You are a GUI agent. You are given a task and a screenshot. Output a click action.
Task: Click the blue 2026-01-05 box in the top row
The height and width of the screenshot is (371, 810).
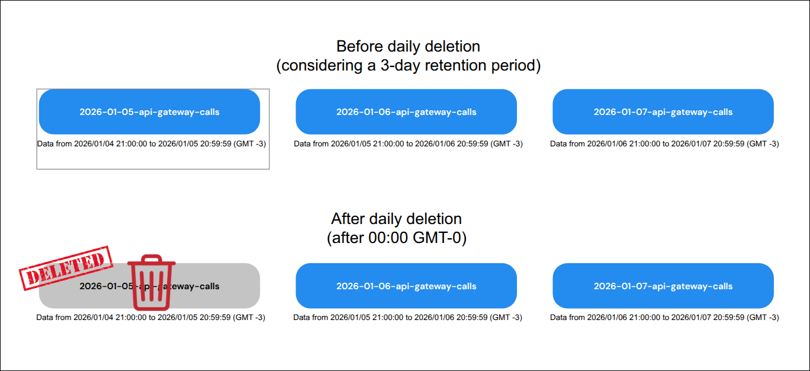click(149, 112)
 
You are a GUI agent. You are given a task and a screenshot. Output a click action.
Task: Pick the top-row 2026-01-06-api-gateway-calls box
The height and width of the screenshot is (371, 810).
click(406, 112)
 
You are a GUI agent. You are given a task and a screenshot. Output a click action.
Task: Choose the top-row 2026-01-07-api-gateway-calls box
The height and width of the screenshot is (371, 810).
click(663, 112)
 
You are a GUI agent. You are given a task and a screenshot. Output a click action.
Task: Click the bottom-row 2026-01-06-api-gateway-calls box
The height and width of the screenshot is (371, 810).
click(406, 286)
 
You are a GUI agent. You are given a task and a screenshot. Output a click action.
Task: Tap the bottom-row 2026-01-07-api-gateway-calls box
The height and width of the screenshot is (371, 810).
click(663, 286)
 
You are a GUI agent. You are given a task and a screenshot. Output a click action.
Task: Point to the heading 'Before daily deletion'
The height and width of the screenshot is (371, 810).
click(408, 46)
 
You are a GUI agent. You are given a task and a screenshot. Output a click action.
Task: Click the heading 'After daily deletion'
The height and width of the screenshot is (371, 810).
click(396, 219)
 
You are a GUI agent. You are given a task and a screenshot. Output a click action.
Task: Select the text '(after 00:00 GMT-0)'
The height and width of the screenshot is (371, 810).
click(396, 238)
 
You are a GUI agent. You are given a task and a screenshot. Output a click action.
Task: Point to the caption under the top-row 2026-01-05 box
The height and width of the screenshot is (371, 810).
click(151, 144)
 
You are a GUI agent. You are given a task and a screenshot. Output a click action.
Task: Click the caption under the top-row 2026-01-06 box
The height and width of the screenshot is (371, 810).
click(408, 144)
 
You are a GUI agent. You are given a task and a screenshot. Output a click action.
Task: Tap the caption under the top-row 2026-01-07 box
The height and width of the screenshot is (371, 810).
click(664, 144)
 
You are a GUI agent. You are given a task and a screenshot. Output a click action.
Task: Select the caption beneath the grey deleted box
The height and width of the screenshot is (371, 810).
click(151, 318)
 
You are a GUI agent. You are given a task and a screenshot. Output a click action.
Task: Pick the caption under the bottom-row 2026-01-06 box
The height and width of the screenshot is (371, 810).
click(408, 318)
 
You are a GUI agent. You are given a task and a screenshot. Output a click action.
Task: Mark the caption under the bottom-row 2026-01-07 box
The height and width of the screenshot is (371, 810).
click(664, 318)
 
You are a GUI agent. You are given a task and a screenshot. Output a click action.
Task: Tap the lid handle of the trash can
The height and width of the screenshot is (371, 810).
click(152, 258)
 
